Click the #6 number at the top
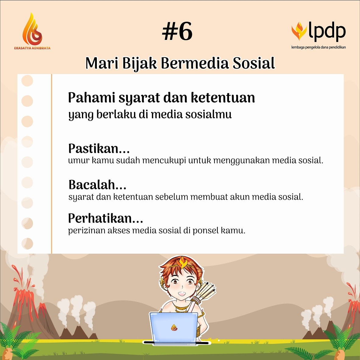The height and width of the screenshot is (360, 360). click(177, 32)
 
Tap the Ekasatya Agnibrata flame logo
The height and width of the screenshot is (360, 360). click(32, 30)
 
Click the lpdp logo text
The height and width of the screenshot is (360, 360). click(327, 31)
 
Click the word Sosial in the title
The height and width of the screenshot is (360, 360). click(254, 63)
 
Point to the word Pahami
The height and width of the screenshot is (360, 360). click(91, 98)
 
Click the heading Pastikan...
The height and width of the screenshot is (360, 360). click(99, 149)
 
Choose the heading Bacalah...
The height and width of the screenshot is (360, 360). click(97, 185)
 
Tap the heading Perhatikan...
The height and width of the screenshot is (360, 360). click(105, 218)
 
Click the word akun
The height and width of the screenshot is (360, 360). click(239, 197)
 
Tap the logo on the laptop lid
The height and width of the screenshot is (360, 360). click(174, 328)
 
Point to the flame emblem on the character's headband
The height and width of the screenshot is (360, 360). click(183, 262)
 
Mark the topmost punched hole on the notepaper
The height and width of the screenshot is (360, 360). click(27, 81)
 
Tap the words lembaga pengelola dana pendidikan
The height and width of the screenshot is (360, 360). click(318, 47)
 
